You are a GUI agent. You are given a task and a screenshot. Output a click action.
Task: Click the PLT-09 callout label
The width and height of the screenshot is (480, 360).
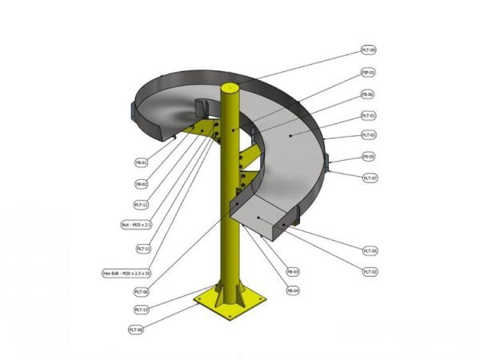pyautogui.click(x=369, y=50)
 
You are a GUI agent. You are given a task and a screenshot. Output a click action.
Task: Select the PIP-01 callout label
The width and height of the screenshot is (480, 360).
pyautogui.click(x=369, y=72)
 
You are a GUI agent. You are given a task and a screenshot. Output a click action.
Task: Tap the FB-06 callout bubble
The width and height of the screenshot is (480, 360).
pyautogui.click(x=368, y=94)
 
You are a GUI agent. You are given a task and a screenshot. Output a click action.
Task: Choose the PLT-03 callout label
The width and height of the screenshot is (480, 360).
pyautogui.click(x=369, y=135)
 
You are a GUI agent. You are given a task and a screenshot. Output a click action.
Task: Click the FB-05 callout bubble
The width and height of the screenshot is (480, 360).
pyautogui.click(x=369, y=157)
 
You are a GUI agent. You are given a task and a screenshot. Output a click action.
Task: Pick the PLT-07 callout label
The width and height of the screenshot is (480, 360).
pyautogui.click(x=370, y=178)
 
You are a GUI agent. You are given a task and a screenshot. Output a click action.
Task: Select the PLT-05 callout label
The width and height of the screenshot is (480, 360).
pyautogui.click(x=370, y=251)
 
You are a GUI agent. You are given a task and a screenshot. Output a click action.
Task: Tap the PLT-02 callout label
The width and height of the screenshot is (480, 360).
pyautogui.click(x=370, y=272)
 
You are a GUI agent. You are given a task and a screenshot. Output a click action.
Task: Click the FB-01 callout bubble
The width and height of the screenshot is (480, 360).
pyautogui.click(x=142, y=162)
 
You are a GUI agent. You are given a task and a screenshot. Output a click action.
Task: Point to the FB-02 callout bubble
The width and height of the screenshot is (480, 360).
pyautogui.click(x=142, y=183)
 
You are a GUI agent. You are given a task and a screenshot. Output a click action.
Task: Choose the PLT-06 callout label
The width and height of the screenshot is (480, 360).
pyautogui.click(x=142, y=292)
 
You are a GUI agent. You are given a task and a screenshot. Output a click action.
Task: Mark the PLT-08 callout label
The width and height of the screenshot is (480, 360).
pyautogui.click(x=136, y=329)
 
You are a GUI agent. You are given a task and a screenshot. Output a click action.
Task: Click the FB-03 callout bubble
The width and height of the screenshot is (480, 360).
pyautogui.click(x=293, y=272)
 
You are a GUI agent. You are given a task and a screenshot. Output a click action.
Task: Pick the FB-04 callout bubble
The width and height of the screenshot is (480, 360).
pyautogui.click(x=293, y=290)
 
